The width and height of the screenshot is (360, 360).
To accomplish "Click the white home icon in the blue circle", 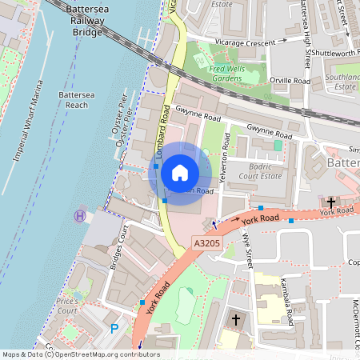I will click(x=180, y=173).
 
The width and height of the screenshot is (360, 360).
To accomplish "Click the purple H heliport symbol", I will click(x=79, y=215).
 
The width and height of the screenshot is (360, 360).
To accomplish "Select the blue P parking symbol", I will click(x=114, y=328).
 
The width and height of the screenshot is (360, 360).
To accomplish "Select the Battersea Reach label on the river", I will click(x=79, y=100).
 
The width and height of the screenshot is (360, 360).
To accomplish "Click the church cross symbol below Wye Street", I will click(x=235, y=320).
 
